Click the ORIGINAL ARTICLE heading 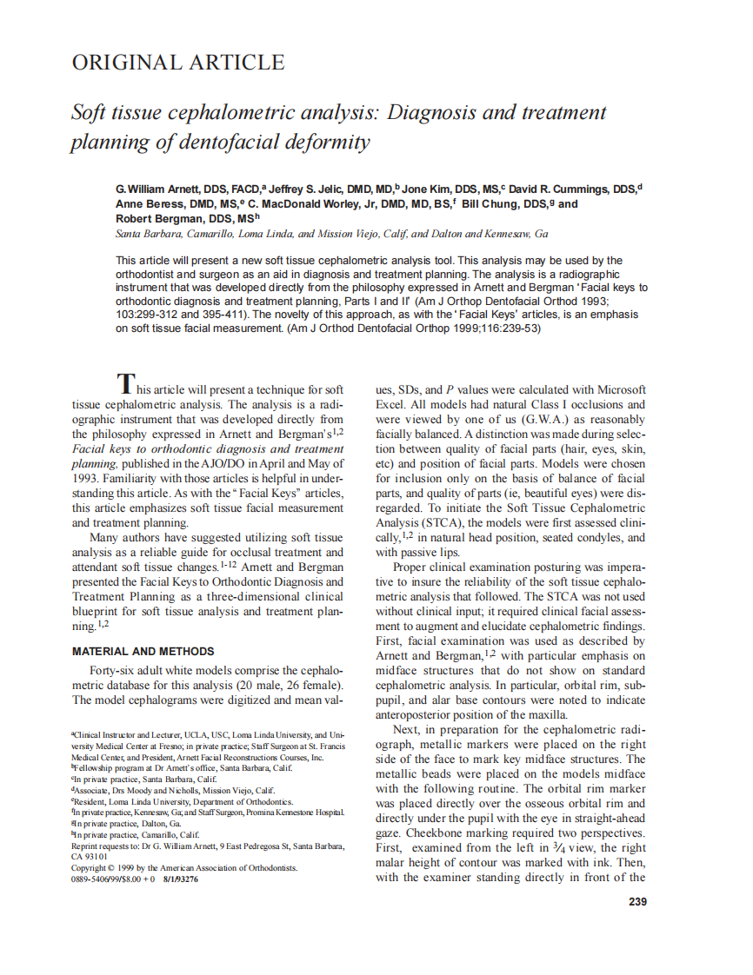(177, 63)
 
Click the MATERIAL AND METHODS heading (143, 651)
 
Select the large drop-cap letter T (126, 382)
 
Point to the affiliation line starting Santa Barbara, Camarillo (331, 235)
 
